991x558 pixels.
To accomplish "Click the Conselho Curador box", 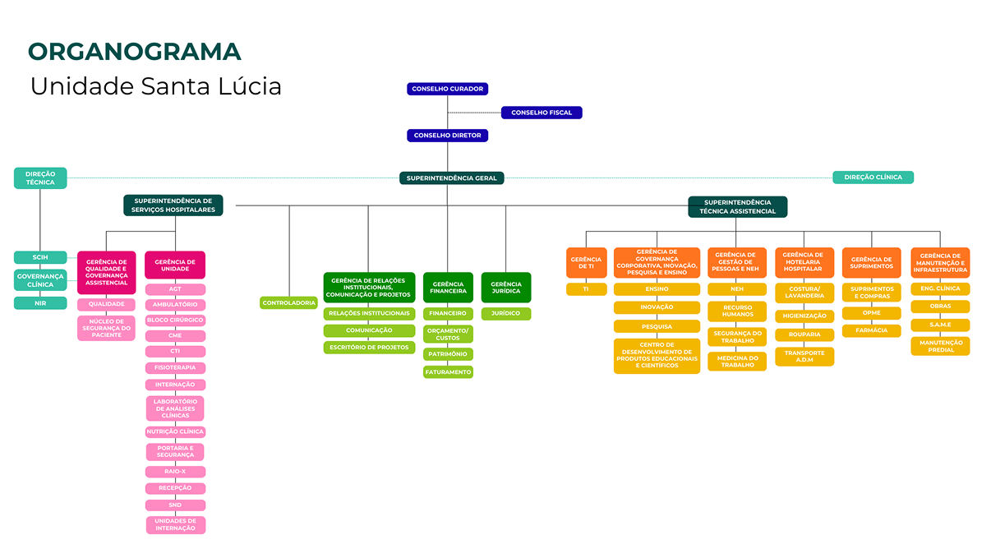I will click(448, 89).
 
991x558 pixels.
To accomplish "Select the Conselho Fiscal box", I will click(542, 113).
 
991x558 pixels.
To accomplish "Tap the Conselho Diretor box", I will click(448, 136).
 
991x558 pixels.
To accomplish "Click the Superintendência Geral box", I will click(451, 178).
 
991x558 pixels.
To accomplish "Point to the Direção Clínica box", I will click(873, 177).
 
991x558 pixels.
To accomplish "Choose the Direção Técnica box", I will click(40, 178).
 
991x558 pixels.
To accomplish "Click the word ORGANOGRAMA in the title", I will click(135, 51).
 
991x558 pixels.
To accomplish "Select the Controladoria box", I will click(288, 302).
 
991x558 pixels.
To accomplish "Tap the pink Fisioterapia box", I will click(175, 368).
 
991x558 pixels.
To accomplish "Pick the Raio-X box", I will click(175, 472).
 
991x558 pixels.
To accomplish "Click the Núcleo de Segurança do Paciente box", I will click(106, 328).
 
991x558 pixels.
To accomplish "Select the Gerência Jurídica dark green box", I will click(506, 288).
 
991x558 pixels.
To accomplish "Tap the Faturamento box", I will click(448, 372).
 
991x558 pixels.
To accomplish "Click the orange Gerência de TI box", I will click(586, 263).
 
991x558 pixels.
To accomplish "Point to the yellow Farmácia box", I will click(871, 330).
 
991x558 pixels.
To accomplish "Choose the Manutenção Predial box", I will click(940, 346).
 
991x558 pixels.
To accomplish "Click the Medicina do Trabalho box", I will click(737, 362).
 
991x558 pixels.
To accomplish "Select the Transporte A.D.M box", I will click(804, 357).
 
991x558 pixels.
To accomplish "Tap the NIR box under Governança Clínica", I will click(40, 303).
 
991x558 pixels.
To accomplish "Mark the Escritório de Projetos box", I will click(369, 348).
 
